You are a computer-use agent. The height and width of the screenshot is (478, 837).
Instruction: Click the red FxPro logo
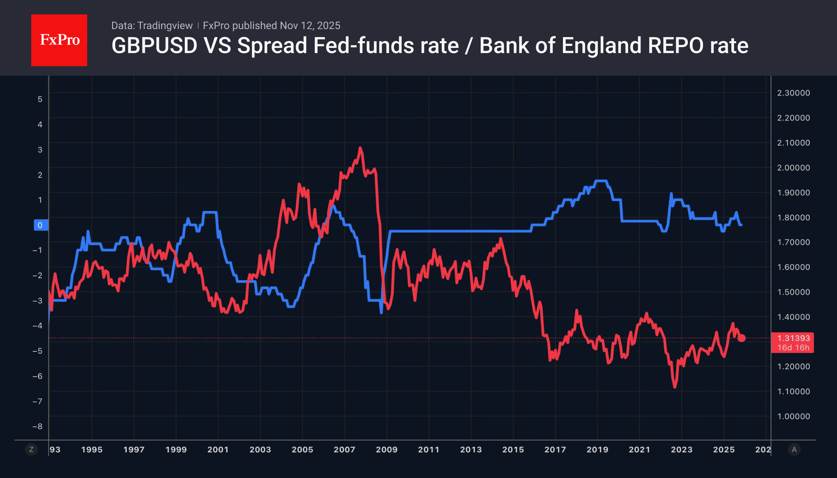59,40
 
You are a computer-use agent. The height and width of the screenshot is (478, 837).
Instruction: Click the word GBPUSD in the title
154,46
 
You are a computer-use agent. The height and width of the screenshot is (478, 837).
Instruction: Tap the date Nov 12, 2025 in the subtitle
310,26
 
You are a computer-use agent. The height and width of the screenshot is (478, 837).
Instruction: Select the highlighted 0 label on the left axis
40,225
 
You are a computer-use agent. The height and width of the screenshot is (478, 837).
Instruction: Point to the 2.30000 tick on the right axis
793,93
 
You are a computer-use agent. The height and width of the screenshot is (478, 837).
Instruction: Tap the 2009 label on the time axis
386,450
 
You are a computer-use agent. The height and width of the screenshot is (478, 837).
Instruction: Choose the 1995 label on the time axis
92,450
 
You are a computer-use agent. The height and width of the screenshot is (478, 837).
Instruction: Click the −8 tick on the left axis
38,426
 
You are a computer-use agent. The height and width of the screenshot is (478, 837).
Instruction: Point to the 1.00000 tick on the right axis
793,416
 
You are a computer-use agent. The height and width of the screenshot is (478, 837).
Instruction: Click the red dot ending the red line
741,338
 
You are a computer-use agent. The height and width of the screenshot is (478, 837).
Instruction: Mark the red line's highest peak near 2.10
360,148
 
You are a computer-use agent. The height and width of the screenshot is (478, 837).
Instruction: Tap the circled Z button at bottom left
31,450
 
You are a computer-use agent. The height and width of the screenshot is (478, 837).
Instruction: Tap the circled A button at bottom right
794,450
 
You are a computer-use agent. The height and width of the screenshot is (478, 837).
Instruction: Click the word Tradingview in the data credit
165,26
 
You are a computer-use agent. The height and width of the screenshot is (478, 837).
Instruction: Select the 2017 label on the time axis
555,450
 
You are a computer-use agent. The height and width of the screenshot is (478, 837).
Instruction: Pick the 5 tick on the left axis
40,99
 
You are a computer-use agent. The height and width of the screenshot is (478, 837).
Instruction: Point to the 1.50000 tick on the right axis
793,292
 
